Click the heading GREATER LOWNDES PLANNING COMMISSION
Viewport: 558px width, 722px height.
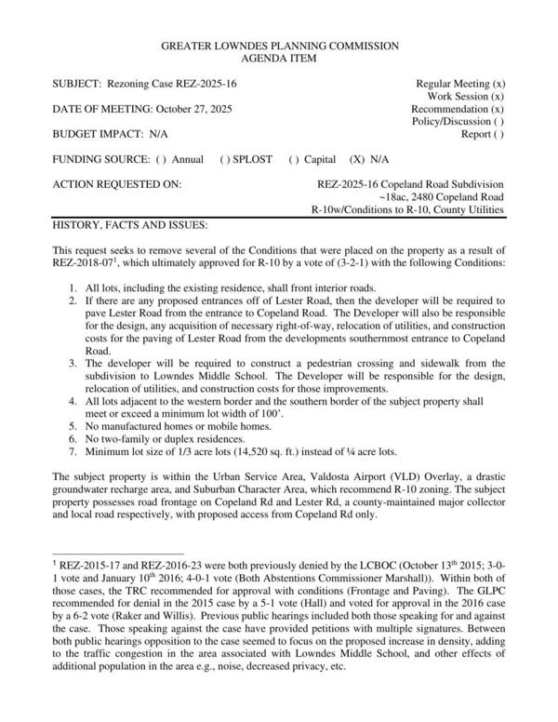pos(280,46)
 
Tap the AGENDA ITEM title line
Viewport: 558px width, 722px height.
pos(280,58)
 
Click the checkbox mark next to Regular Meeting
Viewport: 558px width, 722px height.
pos(498,84)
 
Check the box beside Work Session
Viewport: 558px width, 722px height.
pos(498,97)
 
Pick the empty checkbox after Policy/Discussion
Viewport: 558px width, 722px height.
pos(499,122)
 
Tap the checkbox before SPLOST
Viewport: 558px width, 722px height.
pos(225,159)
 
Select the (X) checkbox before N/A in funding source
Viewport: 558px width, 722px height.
pos(357,159)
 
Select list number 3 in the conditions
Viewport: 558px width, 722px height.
pos(74,363)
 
